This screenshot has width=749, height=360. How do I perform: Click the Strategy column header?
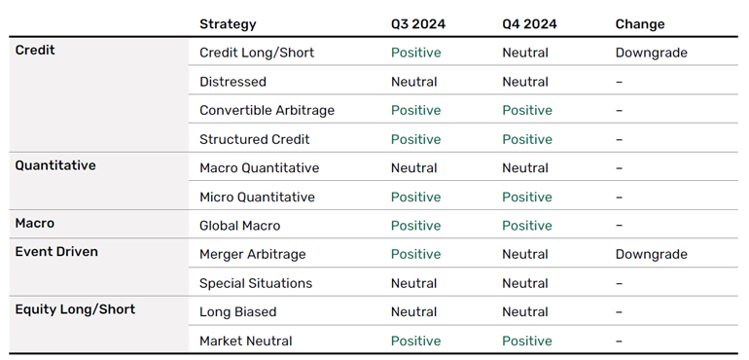[x=228, y=24]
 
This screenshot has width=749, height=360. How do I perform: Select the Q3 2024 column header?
[x=418, y=24]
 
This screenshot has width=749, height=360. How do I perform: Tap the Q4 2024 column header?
[x=529, y=24]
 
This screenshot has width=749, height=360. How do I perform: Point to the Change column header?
[x=640, y=24]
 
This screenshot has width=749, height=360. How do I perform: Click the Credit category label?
[x=35, y=51]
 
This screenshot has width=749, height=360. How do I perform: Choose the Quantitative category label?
[x=55, y=165]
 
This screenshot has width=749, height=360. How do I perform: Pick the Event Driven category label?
[x=56, y=251]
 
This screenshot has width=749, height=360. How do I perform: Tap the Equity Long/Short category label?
[x=75, y=309]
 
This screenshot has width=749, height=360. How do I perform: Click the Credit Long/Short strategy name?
[x=257, y=53]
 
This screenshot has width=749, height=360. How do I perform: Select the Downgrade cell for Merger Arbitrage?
[x=651, y=254]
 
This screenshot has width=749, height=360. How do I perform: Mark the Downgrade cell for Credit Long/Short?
[x=651, y=53]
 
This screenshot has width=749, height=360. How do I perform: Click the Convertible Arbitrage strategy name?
[x=267, y=111]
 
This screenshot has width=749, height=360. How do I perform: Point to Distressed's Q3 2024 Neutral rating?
[x=413, y=82]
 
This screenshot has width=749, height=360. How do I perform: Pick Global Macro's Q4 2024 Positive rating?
[x=527, y=226]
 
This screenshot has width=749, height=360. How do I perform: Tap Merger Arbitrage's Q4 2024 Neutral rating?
[x=525, y=254]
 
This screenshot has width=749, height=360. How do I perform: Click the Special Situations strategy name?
[x=256, y=283]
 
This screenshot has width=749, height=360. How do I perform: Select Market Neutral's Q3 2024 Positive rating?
[x=416, y=341]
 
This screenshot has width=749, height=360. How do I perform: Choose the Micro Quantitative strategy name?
[x=257, y=197]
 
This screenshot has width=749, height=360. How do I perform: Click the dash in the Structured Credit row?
[x=619, y=139]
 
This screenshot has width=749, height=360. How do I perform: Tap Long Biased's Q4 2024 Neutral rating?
[x=525, y=312]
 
